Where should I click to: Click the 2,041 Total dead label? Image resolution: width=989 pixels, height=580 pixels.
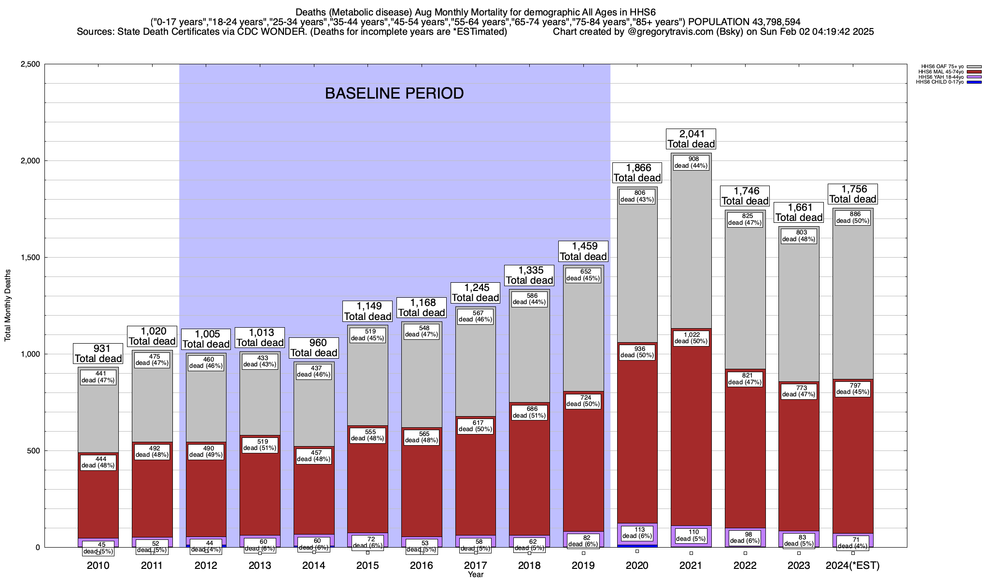point(691,139)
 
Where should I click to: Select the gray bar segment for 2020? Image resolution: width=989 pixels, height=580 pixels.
point(637,271)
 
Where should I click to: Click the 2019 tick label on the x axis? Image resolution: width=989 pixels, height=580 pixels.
point(583,565)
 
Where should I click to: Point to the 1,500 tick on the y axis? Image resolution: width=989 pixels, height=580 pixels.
point(30,258)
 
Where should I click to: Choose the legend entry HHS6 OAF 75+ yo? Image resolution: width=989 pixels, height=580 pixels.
point(942,66)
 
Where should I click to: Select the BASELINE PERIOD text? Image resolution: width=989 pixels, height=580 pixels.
point(394,93)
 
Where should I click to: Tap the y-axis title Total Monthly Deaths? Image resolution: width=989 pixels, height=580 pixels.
point(8,305)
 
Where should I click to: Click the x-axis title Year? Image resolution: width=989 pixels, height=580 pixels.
point(475,575)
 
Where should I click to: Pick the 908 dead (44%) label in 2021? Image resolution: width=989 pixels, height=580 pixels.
point(691,162)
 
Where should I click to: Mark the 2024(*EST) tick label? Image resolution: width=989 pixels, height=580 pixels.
point(853,565)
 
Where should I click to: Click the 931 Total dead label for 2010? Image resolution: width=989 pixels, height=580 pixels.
point(98,354)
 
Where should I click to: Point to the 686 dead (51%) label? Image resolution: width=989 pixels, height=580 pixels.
point(529,412)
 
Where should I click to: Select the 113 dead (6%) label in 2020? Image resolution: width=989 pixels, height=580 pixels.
point(637,532)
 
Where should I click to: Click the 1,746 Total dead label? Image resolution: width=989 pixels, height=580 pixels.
point(745,196)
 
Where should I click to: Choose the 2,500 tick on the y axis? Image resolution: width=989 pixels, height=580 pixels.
point(30,64)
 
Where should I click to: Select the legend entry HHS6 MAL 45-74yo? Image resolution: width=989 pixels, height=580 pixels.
point(942,72)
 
